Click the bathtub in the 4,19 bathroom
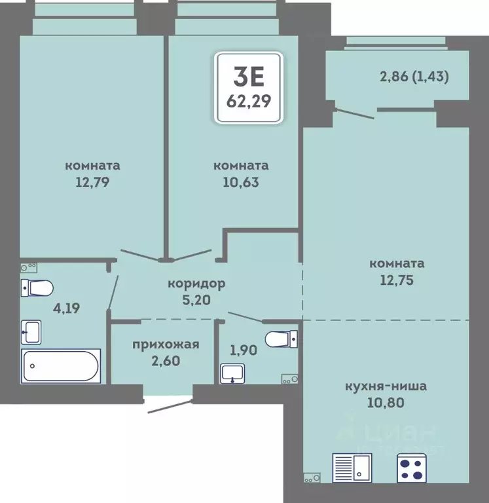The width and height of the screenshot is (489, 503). click(61, 366)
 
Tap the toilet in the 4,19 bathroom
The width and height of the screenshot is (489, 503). click(37, 288)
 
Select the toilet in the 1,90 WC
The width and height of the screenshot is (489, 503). click(281, 339)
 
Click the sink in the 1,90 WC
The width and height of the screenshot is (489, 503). click(232, 373)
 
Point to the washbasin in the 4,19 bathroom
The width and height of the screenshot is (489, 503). click(31, 332)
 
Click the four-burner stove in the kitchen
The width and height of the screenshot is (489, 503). click(412, 468)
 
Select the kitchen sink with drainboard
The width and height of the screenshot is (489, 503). click(352, 468)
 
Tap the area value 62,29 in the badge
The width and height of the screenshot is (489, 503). click(249, 102)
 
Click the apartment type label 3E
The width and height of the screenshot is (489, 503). click(249, 77)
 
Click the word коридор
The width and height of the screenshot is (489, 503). click(196, 283)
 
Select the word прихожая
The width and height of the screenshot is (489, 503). click(166, 345)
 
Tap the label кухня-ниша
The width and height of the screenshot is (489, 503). click(386, 386)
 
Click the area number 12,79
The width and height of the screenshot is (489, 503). click(92, 182)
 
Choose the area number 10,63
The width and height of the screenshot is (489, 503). click(241, 182)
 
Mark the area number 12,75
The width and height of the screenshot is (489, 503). click(397, 280)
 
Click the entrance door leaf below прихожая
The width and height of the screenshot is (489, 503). click(170, 406)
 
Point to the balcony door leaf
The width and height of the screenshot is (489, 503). click(354, 114)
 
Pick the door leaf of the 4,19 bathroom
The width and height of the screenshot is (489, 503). click(113, 293)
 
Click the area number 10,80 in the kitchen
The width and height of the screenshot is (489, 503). click(386, 402)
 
